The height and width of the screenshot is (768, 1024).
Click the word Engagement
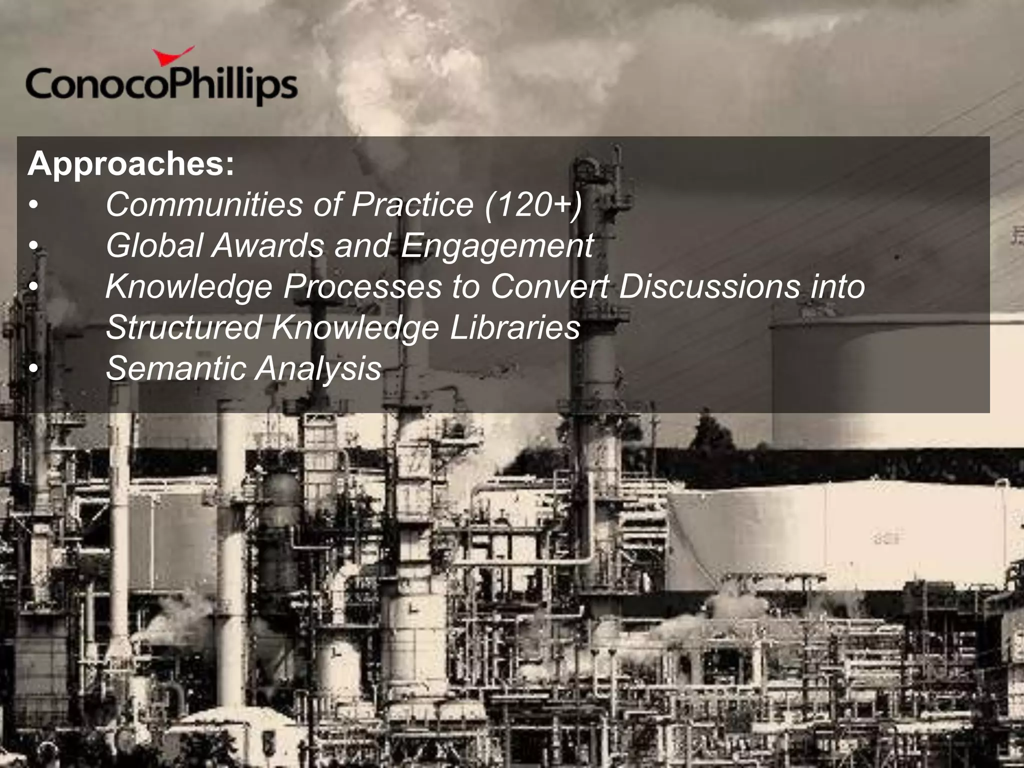coord(497,246)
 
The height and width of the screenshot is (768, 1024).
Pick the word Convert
coord(549,286)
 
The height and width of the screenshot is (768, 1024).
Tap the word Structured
coord(183,327)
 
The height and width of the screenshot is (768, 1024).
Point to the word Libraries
coord(514,327)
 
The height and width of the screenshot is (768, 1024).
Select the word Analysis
coord(318,369)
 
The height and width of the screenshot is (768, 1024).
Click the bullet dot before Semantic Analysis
coord(33,369)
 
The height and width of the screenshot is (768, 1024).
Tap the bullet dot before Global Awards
coord(33,246)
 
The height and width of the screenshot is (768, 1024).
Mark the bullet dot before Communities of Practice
coord(33,205)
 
